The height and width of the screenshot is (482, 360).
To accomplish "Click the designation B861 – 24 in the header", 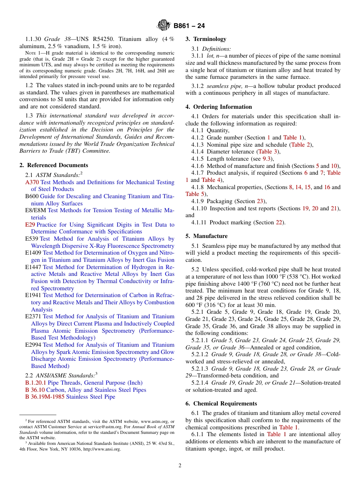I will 189,26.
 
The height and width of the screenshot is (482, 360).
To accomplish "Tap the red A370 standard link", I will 32,182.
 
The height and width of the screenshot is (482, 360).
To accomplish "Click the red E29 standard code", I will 30,225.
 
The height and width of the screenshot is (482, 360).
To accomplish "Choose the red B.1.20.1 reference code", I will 36,383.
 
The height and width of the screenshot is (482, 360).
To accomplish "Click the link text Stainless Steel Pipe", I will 91,397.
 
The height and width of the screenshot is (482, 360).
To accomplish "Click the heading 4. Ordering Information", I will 219,107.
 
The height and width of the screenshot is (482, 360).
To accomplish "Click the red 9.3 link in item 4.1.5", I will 265,159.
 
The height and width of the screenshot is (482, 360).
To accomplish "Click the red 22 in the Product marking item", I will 279,222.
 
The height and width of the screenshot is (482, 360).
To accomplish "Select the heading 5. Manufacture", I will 207,236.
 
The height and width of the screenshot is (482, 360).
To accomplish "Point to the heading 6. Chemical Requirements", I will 221,404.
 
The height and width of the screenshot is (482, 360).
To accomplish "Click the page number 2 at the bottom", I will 180,466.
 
